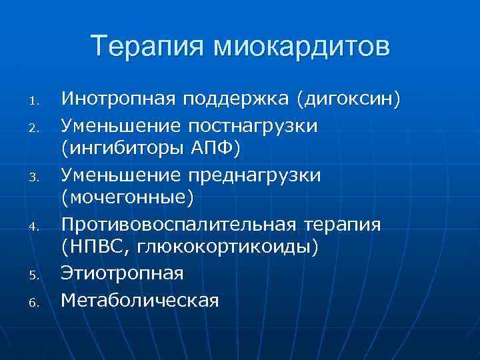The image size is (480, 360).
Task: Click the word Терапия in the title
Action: pos(147,47)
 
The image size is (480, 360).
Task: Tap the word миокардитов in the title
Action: pos(301,47)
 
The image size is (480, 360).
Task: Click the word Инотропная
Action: pos(118,100)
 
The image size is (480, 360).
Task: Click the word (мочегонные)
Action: pos(127,198)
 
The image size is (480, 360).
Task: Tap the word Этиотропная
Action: pos(123,273)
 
